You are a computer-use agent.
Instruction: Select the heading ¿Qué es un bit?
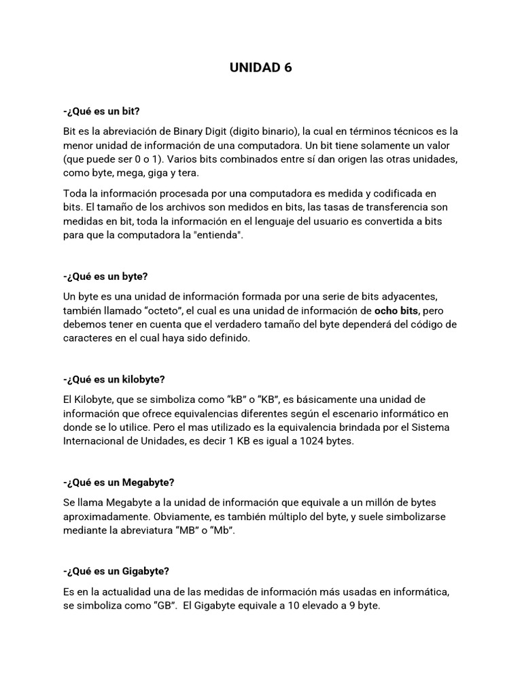click(105, 110)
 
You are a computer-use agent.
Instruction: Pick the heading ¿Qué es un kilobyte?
click(114, 379)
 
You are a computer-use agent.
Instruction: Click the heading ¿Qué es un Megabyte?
click(119, 482)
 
